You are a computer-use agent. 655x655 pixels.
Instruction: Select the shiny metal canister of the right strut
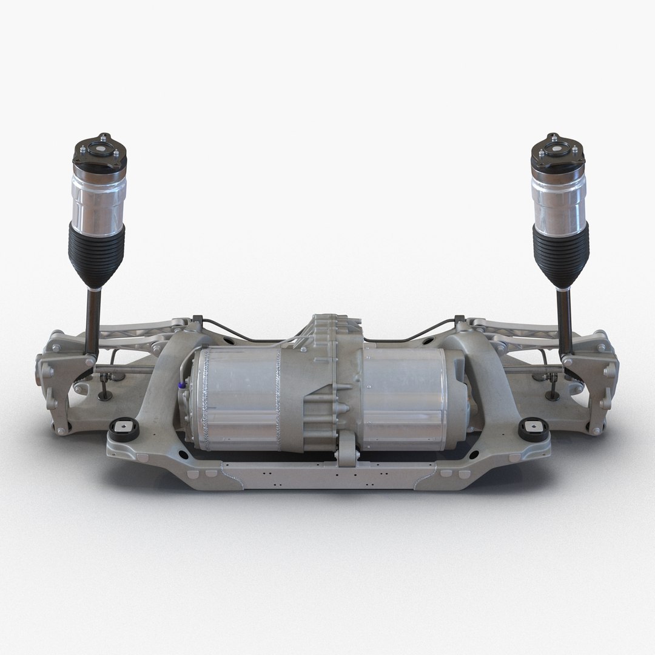(557, 197)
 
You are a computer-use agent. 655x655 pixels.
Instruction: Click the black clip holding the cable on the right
(459, 319)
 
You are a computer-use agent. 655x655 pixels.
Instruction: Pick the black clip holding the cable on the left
(196, 320)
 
